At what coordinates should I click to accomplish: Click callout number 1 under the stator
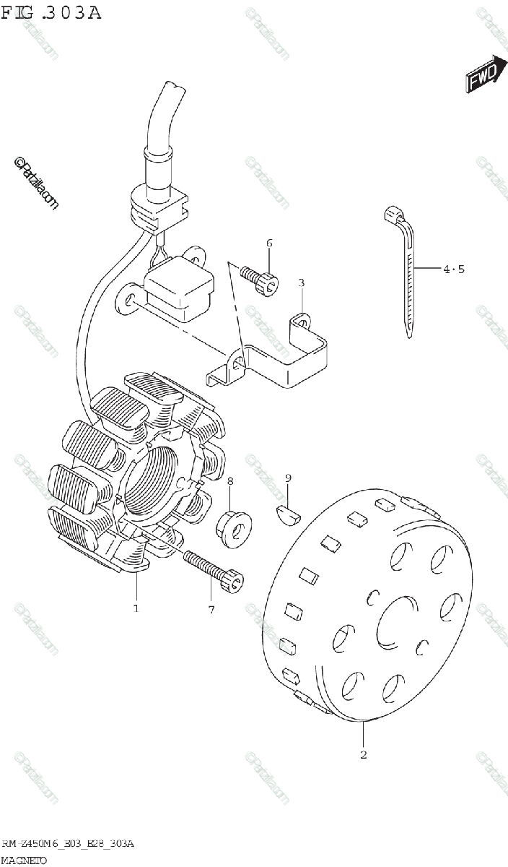point(135,608)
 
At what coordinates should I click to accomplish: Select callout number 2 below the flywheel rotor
point(364,755)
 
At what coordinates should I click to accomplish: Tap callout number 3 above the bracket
point(302,282)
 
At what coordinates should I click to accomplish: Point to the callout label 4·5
point(454,269)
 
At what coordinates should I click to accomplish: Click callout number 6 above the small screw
point(269,243)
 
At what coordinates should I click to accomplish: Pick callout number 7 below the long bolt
point(211,609)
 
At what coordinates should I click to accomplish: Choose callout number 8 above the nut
point(230,481)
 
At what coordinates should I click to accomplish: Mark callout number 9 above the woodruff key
point(288,478)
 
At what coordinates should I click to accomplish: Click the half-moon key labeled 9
point(289,513)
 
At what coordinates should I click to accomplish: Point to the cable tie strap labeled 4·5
point(406,275)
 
